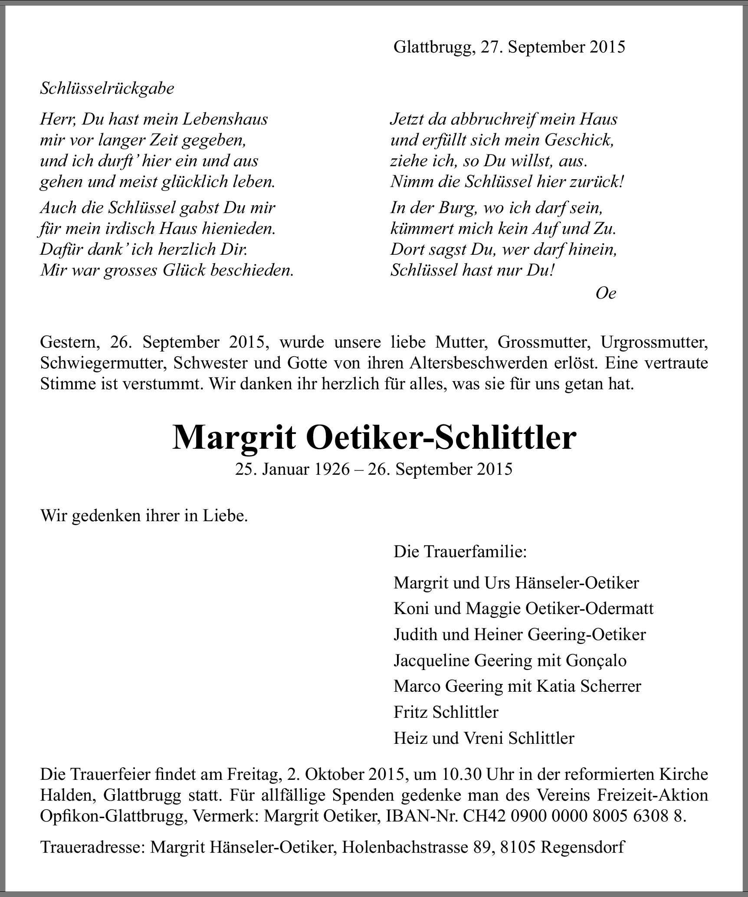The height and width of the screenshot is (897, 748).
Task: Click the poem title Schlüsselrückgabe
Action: click(107, 89)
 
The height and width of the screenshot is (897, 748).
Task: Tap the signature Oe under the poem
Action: click(606, 293)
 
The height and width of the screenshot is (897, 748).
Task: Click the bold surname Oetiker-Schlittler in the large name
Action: click(441, 437)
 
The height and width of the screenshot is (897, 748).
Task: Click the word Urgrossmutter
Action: click(654, 343)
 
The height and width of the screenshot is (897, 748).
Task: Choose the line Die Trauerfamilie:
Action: click(460, 552)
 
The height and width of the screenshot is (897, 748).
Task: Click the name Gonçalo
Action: click(596, 660)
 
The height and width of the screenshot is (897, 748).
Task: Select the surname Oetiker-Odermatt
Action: click(590, 609)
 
